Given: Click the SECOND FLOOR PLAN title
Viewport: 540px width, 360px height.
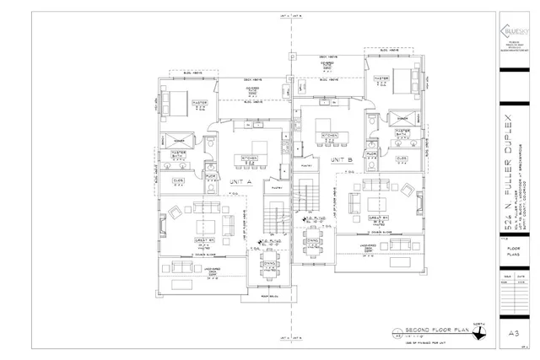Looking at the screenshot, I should [426, 330].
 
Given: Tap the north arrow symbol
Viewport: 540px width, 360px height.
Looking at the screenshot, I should [480, 333].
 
